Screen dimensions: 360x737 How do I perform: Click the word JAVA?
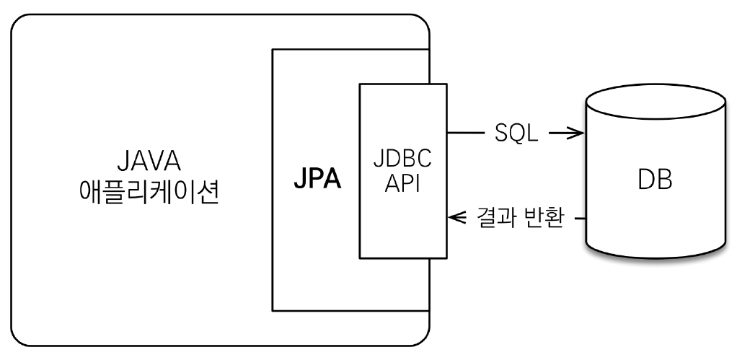pos(150,161)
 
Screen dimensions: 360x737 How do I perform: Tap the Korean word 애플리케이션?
pos(150,193)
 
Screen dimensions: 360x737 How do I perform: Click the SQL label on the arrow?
pos(516,133)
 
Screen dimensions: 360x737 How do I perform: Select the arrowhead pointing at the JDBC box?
pos(455,216)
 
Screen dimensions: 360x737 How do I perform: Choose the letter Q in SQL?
pos(517,134)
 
